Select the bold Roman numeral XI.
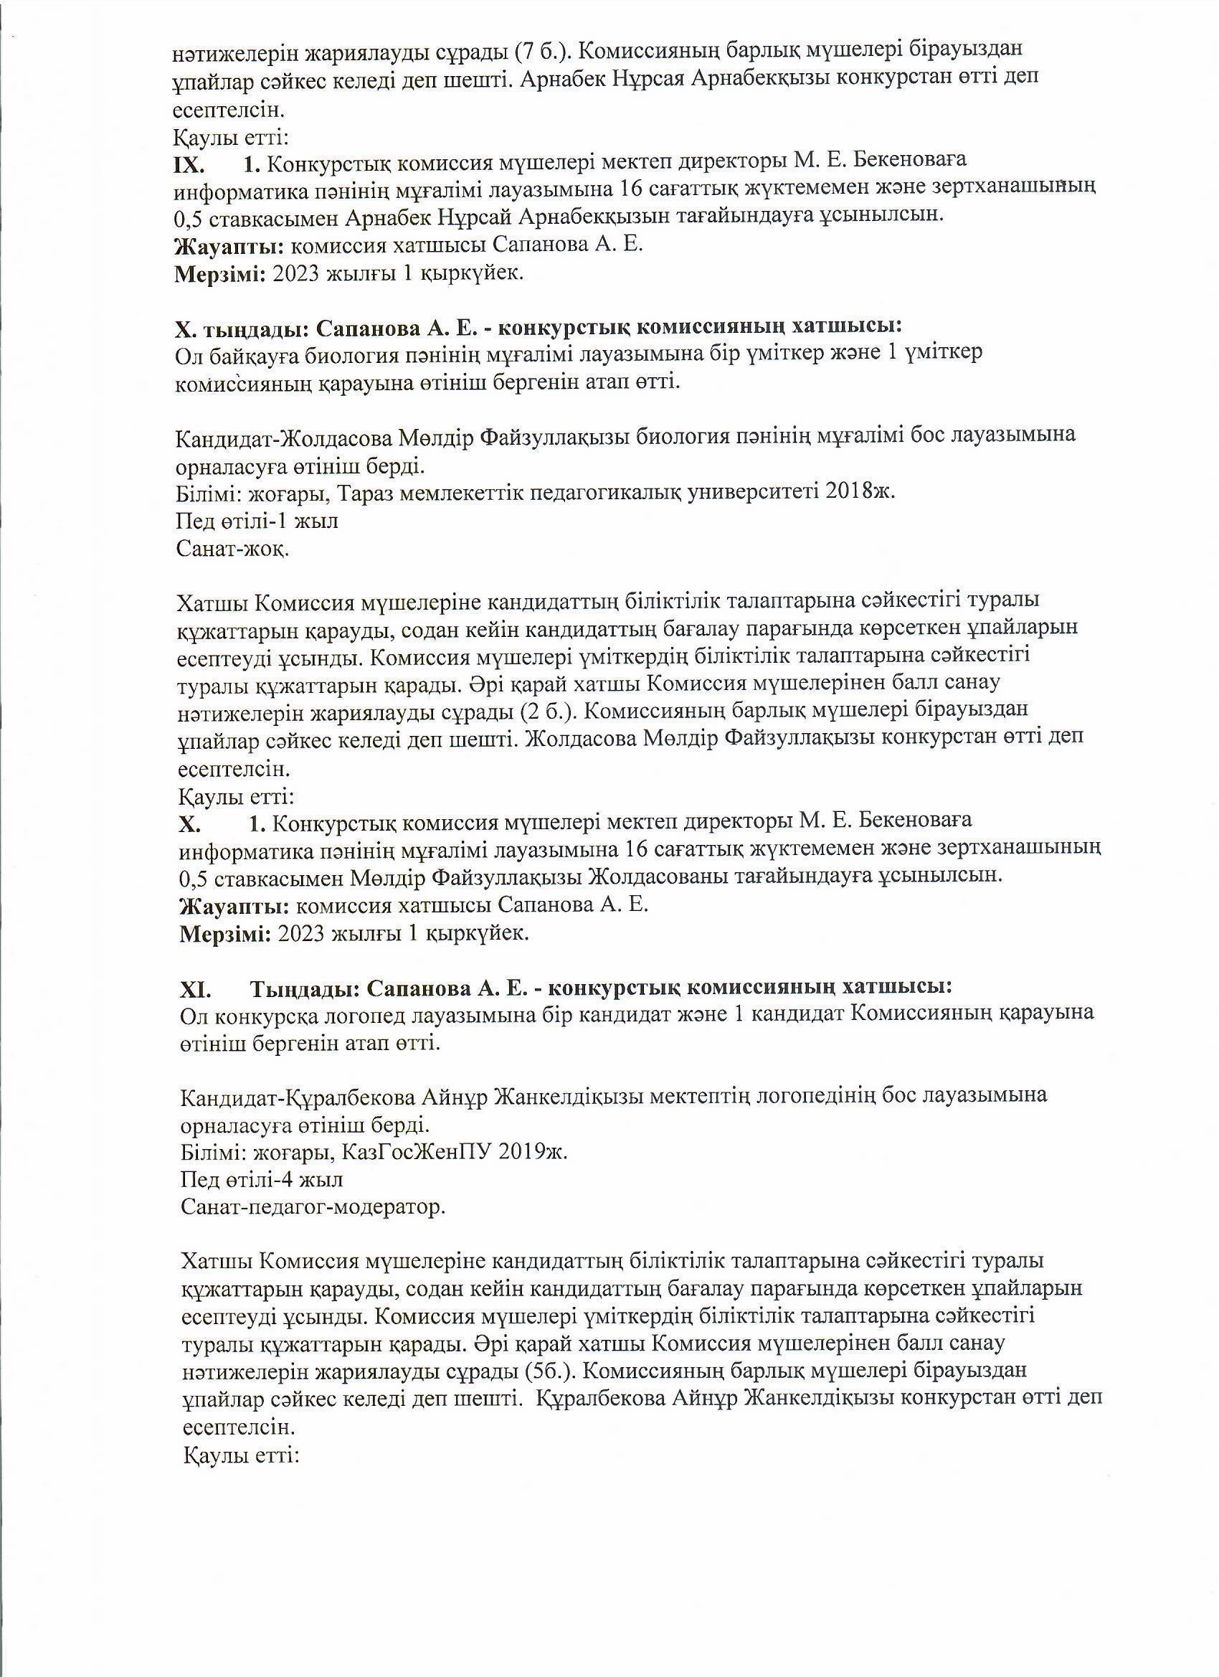coord(195,988)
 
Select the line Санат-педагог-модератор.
coord(313,1207)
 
